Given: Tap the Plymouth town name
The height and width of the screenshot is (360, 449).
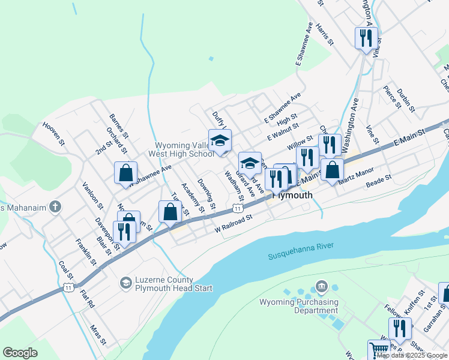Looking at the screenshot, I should pyautogui.click(x=293, y=195).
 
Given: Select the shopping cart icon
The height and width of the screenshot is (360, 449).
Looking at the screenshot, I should pyautogui.click(x=378, y=350).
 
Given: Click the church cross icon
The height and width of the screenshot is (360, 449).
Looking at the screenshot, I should pyautogui.click(x=55, y=208).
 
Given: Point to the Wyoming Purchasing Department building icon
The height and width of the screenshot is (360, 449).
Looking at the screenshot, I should pyautogui.click(x=321, y=286).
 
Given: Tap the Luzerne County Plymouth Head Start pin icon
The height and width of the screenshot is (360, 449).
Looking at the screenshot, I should pyautogui.click(x=125, y=281).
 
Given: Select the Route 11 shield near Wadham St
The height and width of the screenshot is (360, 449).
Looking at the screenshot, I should pyautogui.click(x=238, y=208).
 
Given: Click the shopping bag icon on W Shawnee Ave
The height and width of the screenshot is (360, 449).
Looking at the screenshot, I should pyautogui.click(x=126, y=173).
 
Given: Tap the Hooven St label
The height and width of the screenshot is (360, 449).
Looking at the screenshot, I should pyautogui.click(x=53, y=133).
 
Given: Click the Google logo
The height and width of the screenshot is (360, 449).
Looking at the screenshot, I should pyautogui.click(x=20, y=353).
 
